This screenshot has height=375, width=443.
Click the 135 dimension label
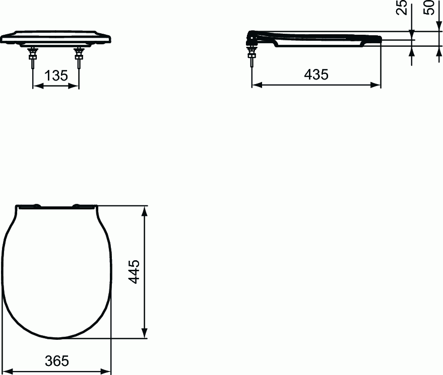pyautogui.click(x=56, y=76)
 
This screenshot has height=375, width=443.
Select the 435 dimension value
pyautogui.click(x=316, y=74)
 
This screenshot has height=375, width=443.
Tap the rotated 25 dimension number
pyautogui.click(x=402, y=9)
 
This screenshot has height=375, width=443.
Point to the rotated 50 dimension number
pyautogui.click(x=429, y=9)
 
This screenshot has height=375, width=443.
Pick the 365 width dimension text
pyautogui.click(x=56, y=360)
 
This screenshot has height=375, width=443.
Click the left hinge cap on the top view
pyautogui.click(x=37, y=205)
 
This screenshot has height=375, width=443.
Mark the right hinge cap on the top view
pyautogui.click(x=78, y=205)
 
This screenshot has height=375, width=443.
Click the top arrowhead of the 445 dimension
pyautogui.click(x=145, y=210)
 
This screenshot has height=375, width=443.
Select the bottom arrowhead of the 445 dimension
pyautogui.click(x=145, y=333)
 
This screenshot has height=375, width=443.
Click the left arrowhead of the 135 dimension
pyautogui.click(x=37, y=86)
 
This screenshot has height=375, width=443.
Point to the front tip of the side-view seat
pyautogui.click(x=380, y=40)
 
